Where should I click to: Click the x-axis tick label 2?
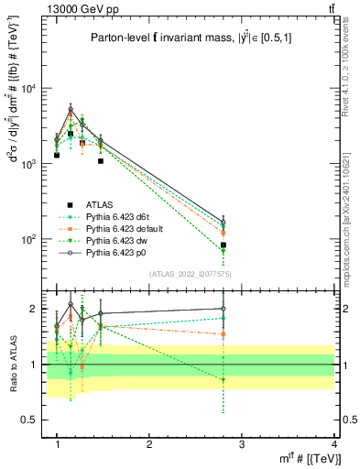coord(150,444)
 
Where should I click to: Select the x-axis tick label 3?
coord(243,444)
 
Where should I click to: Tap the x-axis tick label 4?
coord(334,444)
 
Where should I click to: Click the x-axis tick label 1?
coord(58,444)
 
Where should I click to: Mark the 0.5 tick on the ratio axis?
coord(33,420)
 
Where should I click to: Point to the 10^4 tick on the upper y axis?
coord(30,88)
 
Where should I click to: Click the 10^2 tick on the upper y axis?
coord(30,239)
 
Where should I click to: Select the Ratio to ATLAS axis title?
coord(12,364)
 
